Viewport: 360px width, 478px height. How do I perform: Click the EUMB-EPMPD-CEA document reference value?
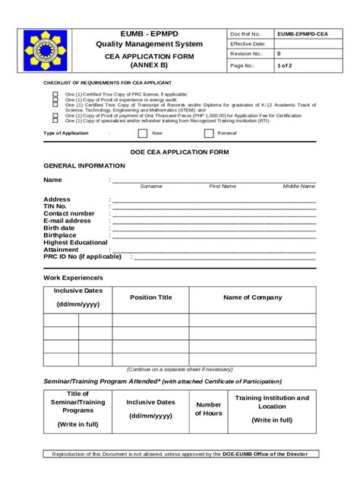click(x=302, y=34)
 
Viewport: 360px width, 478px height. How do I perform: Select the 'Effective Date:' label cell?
click(x=248, y=44)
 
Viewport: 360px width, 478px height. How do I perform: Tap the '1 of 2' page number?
click(x=285, y=65)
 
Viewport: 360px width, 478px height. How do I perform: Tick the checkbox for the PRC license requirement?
click(x=55, y=94)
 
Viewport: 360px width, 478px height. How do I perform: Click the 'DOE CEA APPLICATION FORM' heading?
click(x=179, y=152)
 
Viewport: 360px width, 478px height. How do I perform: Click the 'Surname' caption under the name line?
click(x=151, y=186)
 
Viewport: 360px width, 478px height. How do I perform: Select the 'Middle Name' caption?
click(x=299, y=186)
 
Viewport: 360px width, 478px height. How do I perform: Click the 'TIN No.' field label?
click(x=55, y=206)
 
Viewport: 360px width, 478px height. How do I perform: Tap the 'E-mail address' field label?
click(x=67, y=221)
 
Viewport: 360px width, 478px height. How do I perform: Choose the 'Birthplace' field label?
click(x=60, y=235)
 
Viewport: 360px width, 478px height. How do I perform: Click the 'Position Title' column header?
click(x=151, y=297)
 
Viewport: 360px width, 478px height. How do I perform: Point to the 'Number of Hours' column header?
click(x=208, y=409)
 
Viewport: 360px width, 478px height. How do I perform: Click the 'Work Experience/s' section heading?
click(x=73, y=278)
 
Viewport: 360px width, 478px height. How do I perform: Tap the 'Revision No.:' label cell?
click(x=248, y=55)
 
